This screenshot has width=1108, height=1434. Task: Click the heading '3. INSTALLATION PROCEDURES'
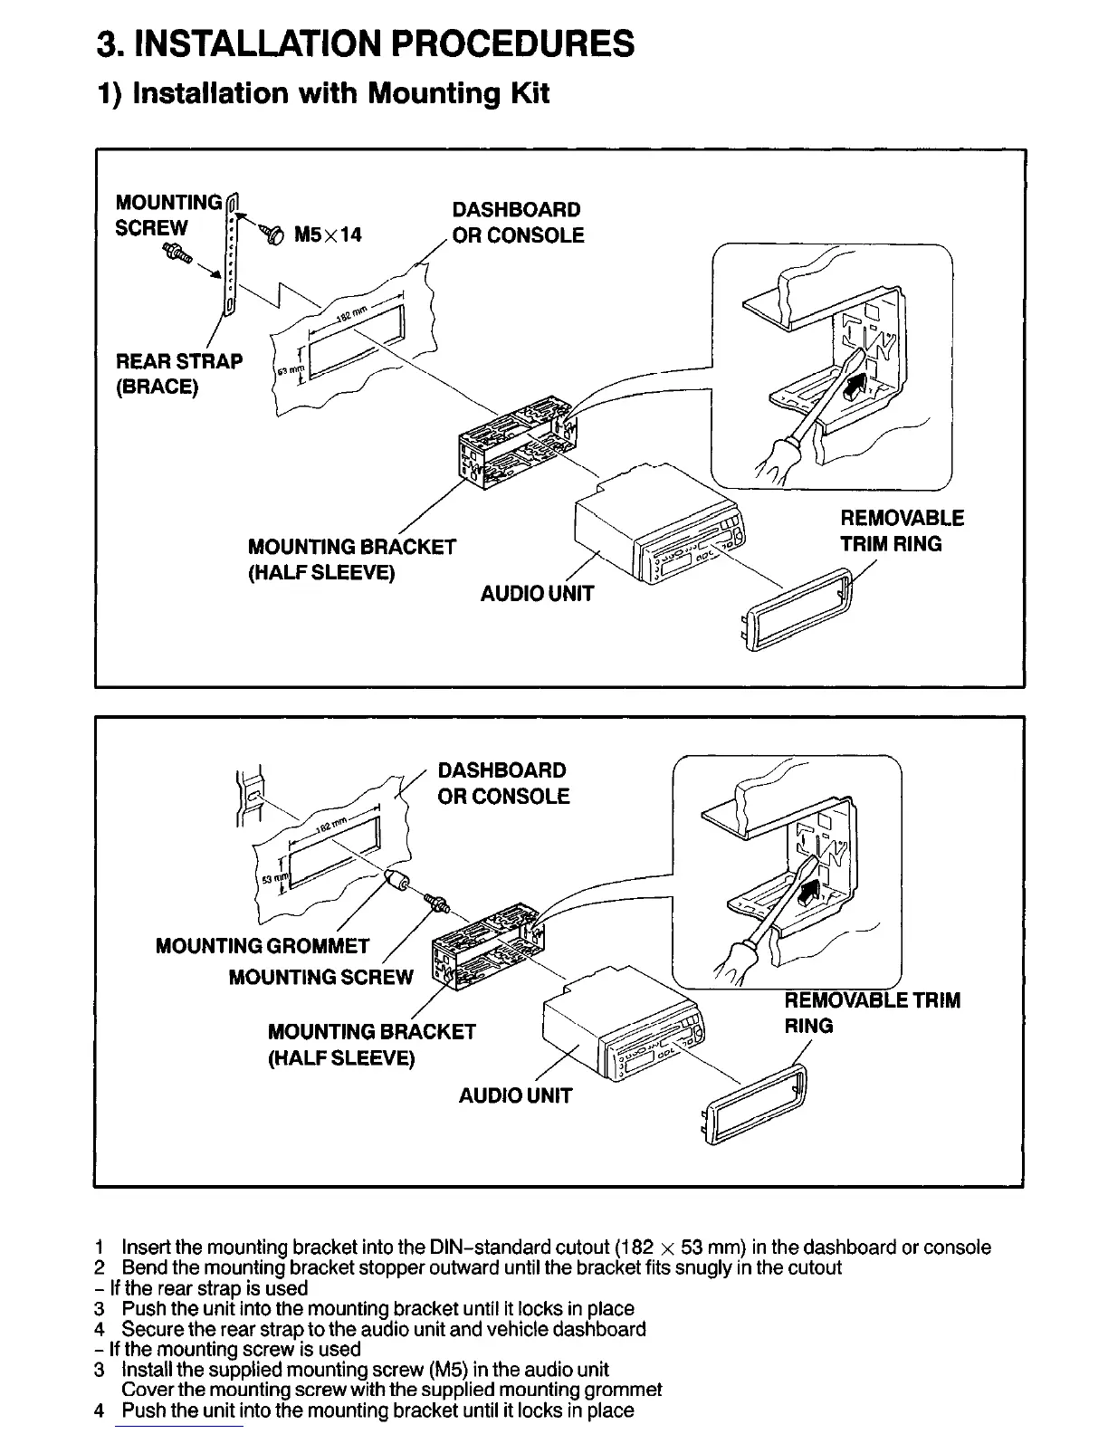pos(366,43)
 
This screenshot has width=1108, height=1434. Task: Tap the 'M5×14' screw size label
pos(328,235)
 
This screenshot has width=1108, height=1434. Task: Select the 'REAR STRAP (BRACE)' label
pos(179,374)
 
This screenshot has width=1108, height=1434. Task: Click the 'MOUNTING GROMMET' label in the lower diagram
pos(263,946)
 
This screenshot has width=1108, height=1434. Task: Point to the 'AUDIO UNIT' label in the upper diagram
pos(537,594)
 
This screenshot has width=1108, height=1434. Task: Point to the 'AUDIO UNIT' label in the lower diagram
pos(515,1095)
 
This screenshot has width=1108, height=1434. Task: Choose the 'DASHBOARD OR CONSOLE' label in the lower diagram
pos(503,783)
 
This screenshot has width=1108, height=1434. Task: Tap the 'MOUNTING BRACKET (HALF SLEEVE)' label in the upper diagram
pos(351,559)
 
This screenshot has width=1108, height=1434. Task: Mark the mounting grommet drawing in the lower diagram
pos(396,879)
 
